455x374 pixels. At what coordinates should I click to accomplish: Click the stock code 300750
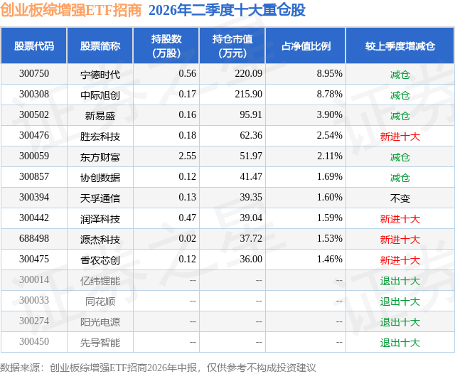tap(34, 74)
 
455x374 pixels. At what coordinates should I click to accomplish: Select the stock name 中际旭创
tap(100, 95)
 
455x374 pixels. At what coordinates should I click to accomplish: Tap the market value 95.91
tap(251, 115)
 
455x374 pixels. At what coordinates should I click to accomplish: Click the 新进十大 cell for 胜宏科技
tap(400, 137)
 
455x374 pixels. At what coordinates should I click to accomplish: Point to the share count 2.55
tap(187, 156)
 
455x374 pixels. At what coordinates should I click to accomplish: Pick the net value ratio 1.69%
tap(329, 177)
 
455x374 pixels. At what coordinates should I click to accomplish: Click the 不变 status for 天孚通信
tap(400, 198)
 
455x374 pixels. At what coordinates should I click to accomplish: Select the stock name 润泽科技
tap(100, 219)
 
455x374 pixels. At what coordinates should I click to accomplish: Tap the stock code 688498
tap(34, 238)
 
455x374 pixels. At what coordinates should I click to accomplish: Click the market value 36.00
tap(251, 259)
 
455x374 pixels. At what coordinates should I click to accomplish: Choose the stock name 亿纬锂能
tap(100, 281)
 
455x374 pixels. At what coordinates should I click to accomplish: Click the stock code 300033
tap(34, 300)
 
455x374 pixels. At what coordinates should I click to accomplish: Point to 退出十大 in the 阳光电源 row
tap(400, 322)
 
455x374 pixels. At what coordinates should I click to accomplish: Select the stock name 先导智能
tap(100, 343)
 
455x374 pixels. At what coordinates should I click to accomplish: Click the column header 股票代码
tap(34, 46)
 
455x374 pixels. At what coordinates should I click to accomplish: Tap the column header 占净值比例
tap(306, 46)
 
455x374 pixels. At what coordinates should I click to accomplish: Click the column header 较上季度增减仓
tap(400, 46)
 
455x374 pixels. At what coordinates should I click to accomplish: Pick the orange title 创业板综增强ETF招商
tap(71, 10)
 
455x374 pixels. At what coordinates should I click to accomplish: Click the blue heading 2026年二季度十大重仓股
tap(227, 10)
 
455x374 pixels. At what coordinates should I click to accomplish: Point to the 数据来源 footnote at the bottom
tap(158, 368)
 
